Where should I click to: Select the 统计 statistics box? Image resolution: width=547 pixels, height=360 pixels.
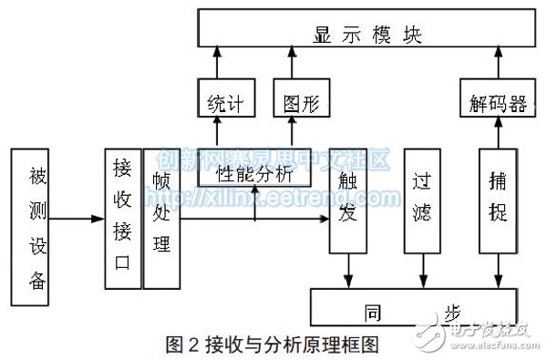click(x=220, y=98)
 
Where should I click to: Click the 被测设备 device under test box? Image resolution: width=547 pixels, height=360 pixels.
click(x=37, y=225)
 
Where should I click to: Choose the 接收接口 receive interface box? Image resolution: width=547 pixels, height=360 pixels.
click(x=122, y=219)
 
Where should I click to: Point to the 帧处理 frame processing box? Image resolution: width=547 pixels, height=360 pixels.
click(x=161, y=219)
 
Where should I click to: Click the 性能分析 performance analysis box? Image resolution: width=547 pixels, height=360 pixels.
click(x=255, y=170)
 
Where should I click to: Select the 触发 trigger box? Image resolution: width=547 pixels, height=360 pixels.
click(x=347, y=198)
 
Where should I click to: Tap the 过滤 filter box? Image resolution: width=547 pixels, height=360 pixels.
click(x=422, y=198)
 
